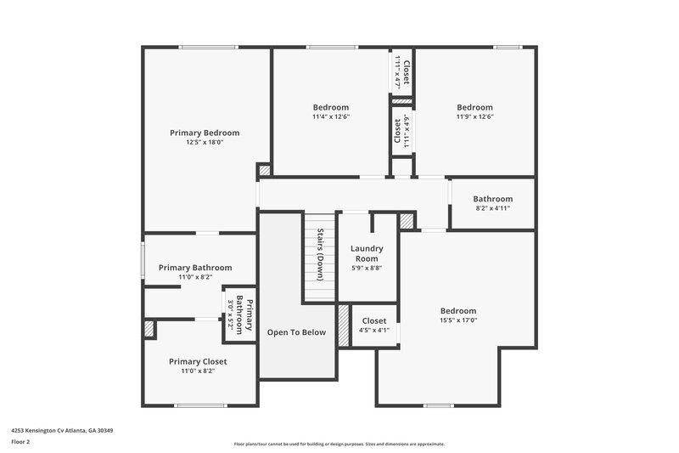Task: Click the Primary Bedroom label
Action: pos(205,133)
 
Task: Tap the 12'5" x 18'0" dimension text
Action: pos(205,143)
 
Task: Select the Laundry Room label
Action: pos(367,253)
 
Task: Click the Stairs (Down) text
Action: pos(321,249)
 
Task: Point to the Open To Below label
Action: pos(296,332)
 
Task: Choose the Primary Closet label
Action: pos(198,361)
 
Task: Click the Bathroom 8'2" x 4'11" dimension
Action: pos(492,208)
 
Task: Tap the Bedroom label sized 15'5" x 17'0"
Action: pos(457,311)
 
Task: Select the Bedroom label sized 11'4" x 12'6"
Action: pos(330,107)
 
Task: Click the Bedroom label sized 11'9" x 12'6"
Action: pos(474,107)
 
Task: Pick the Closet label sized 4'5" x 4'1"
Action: pos(374,321)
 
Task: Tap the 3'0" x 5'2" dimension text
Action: pos(230,315)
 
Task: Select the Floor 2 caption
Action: pos(20,442)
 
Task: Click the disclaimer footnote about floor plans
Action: pos(339,444)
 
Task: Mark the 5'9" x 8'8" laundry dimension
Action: pos(367,268)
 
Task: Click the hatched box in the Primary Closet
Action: pos(149,329)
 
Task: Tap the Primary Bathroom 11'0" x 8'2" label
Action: pos(194,268)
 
